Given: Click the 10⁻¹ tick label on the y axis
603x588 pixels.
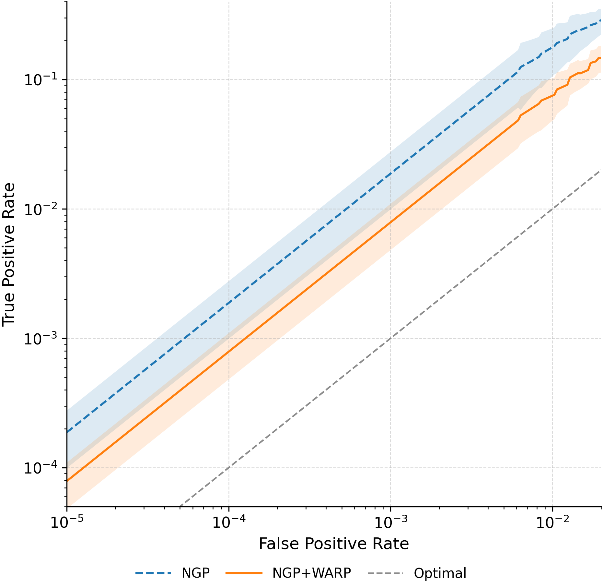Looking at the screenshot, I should click(42, 79).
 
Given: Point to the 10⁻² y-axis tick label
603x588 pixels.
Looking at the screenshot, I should click(42, 209).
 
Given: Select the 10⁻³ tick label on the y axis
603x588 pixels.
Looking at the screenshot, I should click(42, 338).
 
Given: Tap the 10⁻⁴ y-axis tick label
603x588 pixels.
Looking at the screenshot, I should click(42, 468).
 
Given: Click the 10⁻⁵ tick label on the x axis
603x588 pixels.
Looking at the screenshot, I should click(66, 522).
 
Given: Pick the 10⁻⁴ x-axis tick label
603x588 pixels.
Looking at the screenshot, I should click(228, 522).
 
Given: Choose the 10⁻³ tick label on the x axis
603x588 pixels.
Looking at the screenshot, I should click(390, 522).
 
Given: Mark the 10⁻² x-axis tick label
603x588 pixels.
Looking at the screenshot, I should click(552, 522).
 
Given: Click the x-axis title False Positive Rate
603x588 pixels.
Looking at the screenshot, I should click(333, 544).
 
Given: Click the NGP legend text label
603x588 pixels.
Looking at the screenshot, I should click(196, 573).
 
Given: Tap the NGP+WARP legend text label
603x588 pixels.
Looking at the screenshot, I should click(311, 573).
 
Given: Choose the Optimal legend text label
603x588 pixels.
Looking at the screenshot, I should click(440, 573).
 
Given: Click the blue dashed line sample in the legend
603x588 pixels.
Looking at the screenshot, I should click(153, 573).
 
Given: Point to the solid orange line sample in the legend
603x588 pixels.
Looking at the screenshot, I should click(244, 573).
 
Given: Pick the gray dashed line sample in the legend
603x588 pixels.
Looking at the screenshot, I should click(385, 573).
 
